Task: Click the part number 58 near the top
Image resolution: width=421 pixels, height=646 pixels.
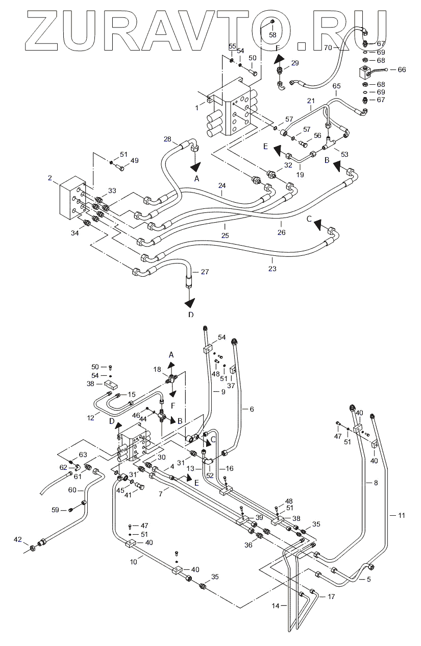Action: (273, 35)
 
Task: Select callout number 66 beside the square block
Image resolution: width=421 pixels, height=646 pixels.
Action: (402, 69)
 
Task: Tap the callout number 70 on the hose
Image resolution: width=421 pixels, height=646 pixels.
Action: (328, 47)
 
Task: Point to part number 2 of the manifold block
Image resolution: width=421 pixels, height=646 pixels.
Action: (50, 178)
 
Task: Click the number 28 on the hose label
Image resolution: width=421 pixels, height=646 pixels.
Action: (167, 139)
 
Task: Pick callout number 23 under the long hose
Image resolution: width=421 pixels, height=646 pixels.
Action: (272, 269)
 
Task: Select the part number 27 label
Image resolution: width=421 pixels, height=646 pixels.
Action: (205, 272)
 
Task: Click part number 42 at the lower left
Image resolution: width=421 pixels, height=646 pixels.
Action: (18, 539)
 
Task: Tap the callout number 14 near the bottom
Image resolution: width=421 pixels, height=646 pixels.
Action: (276, 606)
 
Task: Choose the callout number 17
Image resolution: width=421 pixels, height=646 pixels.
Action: (331, 596)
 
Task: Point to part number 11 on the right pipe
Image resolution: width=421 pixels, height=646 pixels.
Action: (402, 515)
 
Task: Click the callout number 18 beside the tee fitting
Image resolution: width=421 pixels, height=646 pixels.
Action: (157, 369)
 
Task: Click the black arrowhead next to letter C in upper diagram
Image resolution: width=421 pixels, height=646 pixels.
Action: (318, 225)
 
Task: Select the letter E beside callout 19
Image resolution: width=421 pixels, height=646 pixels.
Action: (266, 146)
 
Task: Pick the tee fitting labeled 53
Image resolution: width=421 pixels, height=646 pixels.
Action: (329, 143)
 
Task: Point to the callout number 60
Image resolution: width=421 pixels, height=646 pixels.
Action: (72, 490)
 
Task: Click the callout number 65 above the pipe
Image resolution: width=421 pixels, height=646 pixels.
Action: (336, 86)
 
